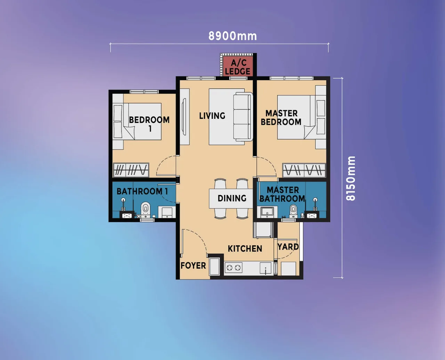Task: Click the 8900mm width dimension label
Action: [233, 36]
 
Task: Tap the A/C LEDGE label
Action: [238, 67]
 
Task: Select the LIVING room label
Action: [212, 116]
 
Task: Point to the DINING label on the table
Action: [232, 198]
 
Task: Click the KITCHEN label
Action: [245, 248]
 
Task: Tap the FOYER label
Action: [193, 265]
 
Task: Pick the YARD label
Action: [288, 247]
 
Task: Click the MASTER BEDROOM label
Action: [281, 117]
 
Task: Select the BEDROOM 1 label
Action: [149, 124]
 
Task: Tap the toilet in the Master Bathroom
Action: [293, 210]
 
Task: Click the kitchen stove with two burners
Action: [234, 267]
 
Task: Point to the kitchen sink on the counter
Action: [266, 268]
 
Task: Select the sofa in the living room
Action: [243, 117]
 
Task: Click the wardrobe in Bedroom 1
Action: [131, 170]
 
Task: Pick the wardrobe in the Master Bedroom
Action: [304, 170]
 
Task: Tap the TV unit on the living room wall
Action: [185, 116]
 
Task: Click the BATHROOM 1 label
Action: [142, 191]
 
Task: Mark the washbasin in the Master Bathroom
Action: [267, 211]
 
